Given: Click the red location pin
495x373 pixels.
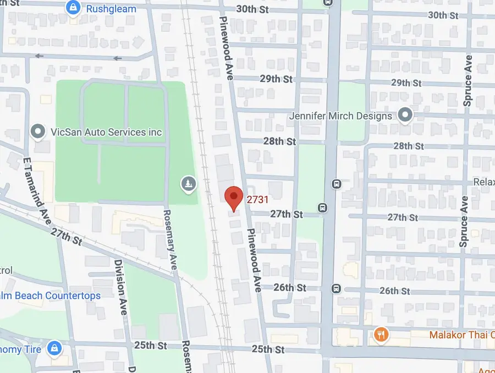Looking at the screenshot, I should [234, 197].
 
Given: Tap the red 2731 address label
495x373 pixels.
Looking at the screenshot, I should [257, 200].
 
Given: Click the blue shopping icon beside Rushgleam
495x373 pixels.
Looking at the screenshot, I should [72, 8].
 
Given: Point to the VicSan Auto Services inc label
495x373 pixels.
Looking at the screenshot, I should [106, 132].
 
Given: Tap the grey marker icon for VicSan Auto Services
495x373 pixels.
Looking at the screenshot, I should [38, 131].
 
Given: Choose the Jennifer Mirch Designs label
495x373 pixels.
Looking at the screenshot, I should [341, 116].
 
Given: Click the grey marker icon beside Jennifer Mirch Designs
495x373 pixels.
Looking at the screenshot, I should [405, 116].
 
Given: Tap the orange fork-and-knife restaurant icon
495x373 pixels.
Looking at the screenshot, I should [380, 334].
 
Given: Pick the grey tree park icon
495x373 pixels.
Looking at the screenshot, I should [188, 183].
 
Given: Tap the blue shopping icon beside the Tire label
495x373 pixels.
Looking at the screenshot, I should [53, 348].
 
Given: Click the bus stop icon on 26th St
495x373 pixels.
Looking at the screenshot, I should [335, 288].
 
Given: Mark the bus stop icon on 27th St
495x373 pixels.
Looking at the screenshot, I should [322, 207].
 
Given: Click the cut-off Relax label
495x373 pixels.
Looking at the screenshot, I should [484, 182].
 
